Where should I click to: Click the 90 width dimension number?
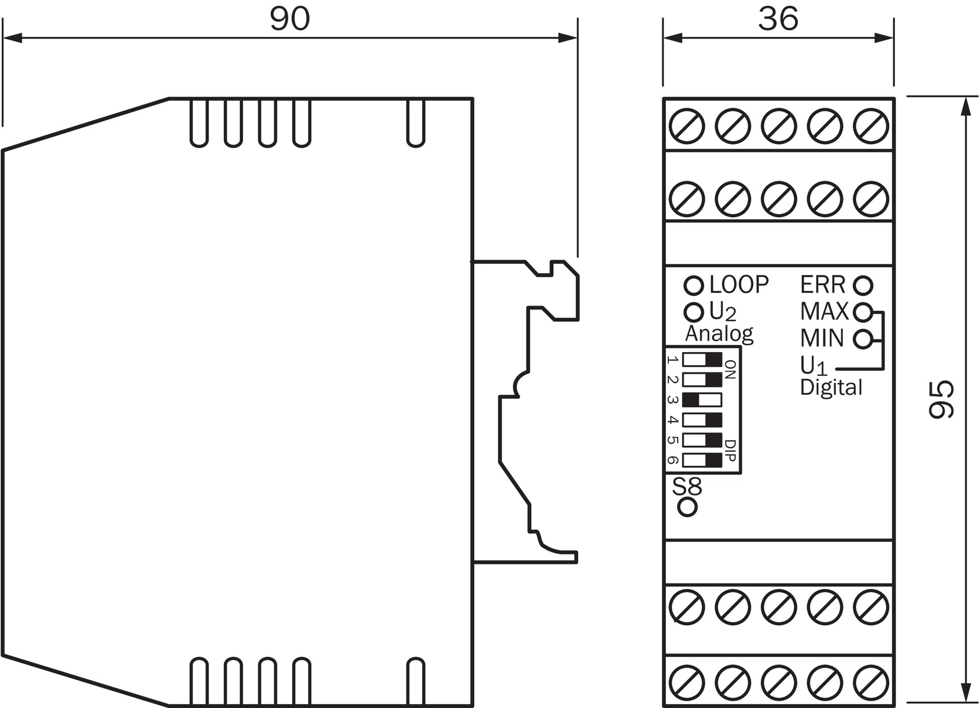(x=289, y=19)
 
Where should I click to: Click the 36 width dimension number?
(x=778, y=19)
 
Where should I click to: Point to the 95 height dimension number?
(x=940, y=399)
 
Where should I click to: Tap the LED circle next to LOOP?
(x=693, y=286)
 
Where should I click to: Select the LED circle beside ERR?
(x=863, y=286)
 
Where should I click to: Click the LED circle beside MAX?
(x=863, y=312)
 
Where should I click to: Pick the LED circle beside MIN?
(x=863, y=339)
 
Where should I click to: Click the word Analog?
(x=719, y=334)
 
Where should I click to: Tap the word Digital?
(x=831, y=387)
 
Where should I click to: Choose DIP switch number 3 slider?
(x=702, y=399)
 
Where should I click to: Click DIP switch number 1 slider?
(x=702, y=360)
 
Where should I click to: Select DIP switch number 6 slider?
(x=702, y=460)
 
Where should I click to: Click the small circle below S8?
(x=687, y=507)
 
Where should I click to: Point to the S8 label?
(x=687, y=486)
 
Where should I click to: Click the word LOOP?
(x=739, y=285)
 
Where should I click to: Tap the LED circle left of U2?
(x=693, y=312)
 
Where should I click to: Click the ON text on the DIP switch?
(x=730, y=370)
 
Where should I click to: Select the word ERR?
(x=822, y=285)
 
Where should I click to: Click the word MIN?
(x=822, y=338)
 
